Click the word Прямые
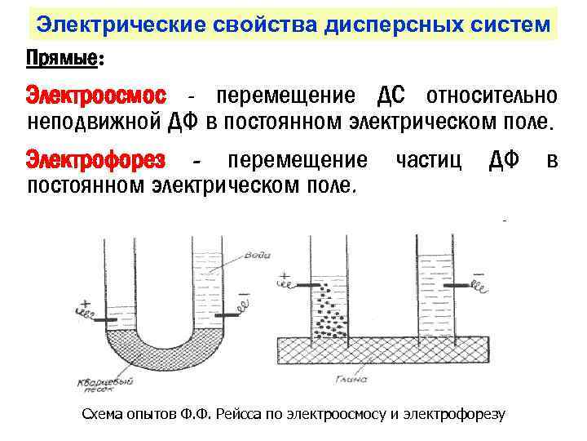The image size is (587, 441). (62, 58)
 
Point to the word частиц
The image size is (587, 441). (428, 158)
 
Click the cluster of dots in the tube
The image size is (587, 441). (330, 310)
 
